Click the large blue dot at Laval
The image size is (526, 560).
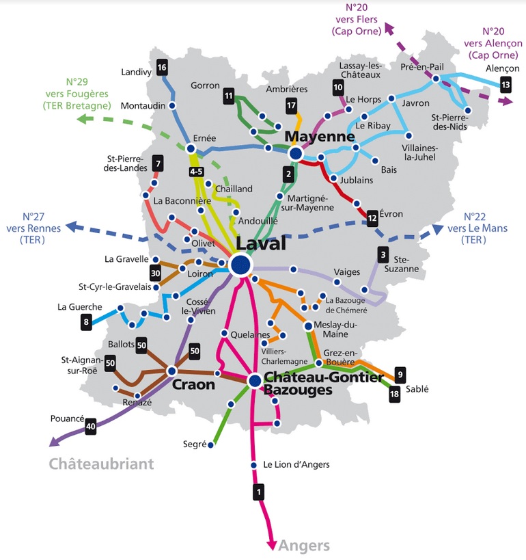(241, 265)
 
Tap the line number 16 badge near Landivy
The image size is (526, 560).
(162, 68)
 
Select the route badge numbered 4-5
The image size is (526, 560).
(196, 172)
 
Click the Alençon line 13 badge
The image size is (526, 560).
(506, 85)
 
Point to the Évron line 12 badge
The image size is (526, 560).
(372, 218)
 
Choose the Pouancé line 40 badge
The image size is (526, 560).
(91, 426)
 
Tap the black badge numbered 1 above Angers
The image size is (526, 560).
(259, 492)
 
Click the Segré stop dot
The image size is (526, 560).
(210, 445)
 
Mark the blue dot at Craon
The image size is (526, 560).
(171, 371)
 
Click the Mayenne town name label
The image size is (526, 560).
(320, 137)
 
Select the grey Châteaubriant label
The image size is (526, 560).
(101, 464)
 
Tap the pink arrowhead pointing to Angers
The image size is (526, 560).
(272, 546)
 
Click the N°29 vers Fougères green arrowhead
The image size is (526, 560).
(85, 118)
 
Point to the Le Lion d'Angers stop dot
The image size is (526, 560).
(253, 465)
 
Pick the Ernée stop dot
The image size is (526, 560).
(191, 148)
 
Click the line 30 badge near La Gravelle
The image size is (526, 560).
(155, 274)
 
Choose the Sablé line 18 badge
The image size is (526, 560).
(394, 394)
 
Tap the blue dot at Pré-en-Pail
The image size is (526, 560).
(436, 79)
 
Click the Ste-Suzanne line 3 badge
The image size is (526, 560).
(383, 254)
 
